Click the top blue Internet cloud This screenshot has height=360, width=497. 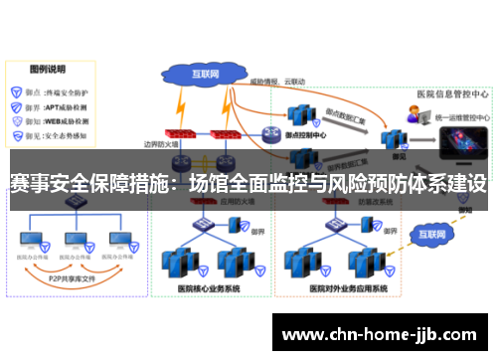point(205,74)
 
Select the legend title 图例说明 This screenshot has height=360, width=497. point(47,70)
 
